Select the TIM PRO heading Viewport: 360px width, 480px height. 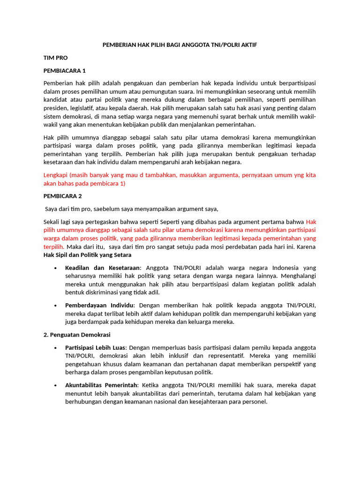55,58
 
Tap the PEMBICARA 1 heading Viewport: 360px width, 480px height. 65,71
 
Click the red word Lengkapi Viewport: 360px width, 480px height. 55,175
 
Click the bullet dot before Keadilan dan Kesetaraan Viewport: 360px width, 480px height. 56,268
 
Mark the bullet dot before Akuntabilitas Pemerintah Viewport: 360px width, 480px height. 56,385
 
